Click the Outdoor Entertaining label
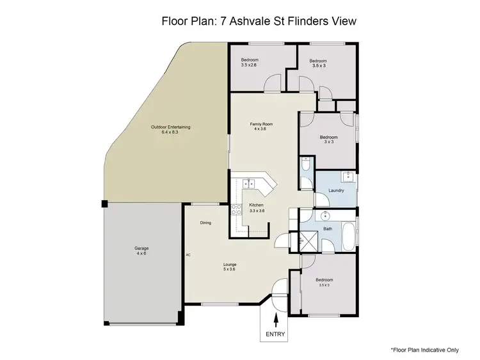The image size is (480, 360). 170,129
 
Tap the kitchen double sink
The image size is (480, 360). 250,184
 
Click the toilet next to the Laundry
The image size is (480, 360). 307,166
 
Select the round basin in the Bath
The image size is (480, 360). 325,216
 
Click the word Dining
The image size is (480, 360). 205,223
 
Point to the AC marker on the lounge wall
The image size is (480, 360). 188,254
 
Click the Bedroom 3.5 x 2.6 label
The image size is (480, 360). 250,62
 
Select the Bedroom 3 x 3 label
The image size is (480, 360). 329,139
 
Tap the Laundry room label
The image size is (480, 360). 337,191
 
